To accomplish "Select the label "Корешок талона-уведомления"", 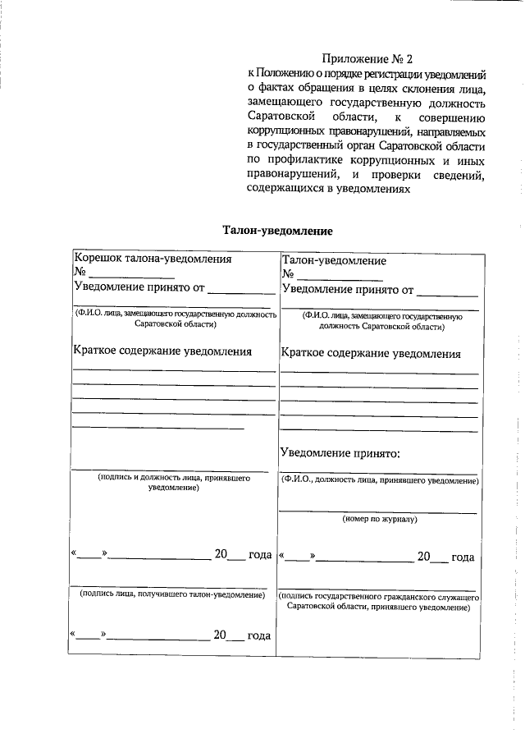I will [153, 258].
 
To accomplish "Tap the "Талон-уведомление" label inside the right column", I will [334, 260].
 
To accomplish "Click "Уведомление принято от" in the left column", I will [139, 287].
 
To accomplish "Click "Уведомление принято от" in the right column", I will [347, 289].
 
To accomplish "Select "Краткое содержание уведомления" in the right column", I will [371, 354].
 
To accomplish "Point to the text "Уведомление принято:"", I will [340, 452].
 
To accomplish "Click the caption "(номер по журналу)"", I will [380, 519].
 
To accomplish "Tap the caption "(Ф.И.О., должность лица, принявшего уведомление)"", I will [379, 479].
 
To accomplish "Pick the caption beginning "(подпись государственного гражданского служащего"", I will [378, 601].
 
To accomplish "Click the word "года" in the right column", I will [463, 557].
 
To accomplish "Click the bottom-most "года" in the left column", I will [259, 635].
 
